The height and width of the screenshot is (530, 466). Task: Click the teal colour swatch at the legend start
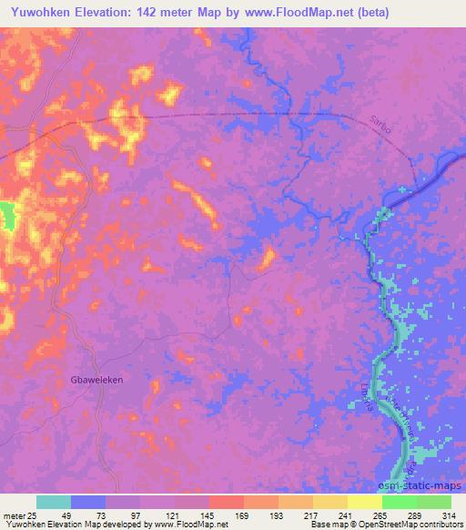click(x=54, y=502)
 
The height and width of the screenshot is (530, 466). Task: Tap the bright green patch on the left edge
click(x=7, y=216)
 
